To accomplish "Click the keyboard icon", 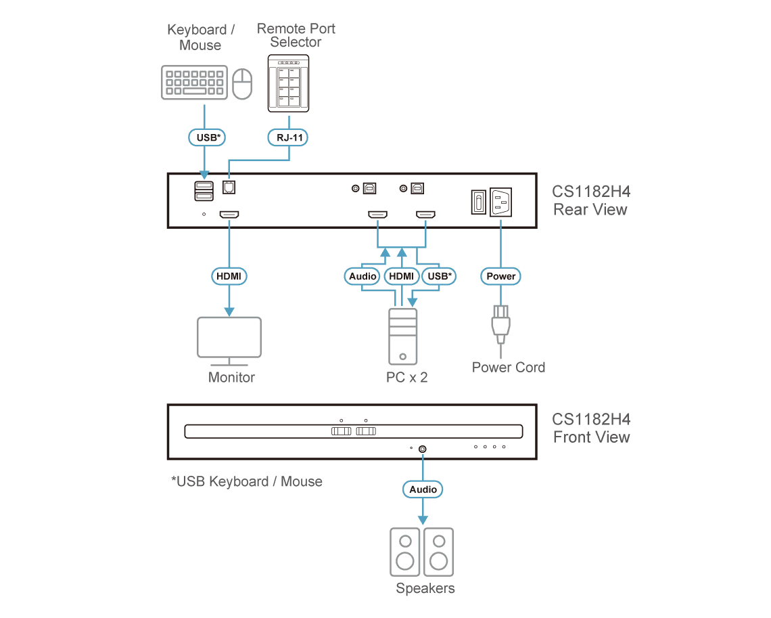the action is pos(194,82).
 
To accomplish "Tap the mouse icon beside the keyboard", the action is pos(242,84).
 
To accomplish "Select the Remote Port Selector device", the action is pos(288,83).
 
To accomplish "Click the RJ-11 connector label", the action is pos(288,137).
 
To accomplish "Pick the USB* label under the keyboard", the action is pos(207,137).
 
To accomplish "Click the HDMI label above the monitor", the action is pos(229,276).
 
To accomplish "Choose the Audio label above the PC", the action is pos(363,276).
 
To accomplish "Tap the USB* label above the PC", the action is pos(439,276).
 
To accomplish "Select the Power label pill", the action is pos(500,276).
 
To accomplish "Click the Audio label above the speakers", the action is pos(423,489).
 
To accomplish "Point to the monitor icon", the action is pos(229,341).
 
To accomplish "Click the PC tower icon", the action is pos(402,336).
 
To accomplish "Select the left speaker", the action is pos(404,552).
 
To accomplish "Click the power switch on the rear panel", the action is pos(478,202).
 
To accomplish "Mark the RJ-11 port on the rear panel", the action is pos(229,187).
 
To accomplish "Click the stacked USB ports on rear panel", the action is pos(204,191).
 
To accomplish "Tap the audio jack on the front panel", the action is pos(423,449).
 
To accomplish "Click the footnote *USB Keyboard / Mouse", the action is pos(247,481).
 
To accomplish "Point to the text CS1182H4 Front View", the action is pos(591,428).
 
